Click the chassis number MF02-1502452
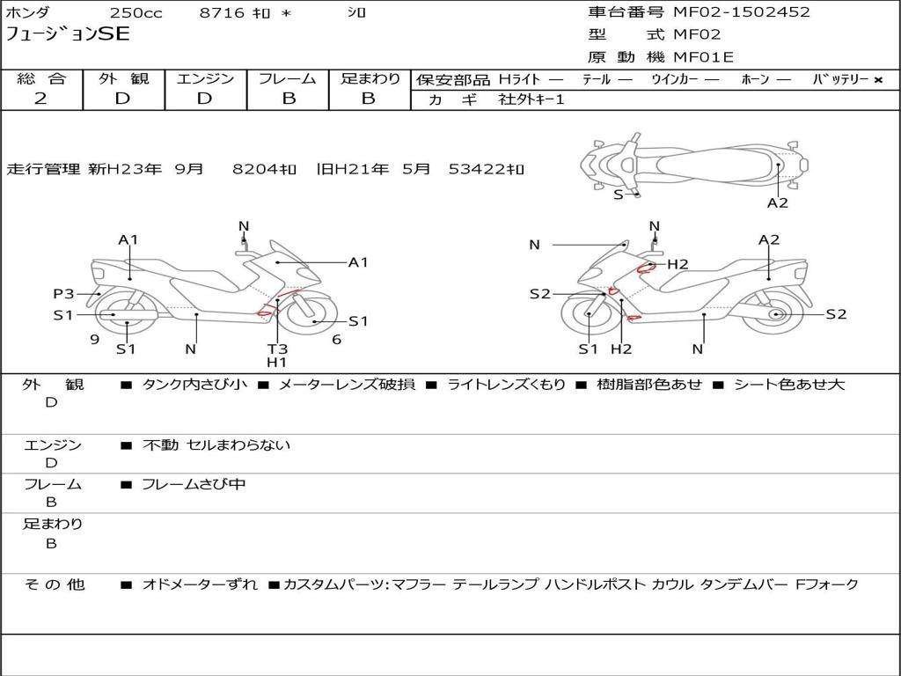point(742,12)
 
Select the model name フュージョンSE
point(68,34)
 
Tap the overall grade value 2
point(40,99)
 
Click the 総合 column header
point(40,79)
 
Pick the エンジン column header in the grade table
point(205,79)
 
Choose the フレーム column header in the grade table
point(287,79)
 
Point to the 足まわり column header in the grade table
point(370,79)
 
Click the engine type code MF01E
point(703,58)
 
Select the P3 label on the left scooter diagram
point(64,294)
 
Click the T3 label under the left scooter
point(277,349)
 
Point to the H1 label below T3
point(277,362)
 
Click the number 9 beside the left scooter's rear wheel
point(94,339)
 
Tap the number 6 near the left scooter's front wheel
point(336,339)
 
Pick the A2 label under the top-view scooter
point(778,203)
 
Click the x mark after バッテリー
point(877,80)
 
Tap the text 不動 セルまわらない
point(216,445)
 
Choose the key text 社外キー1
point(531,99)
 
